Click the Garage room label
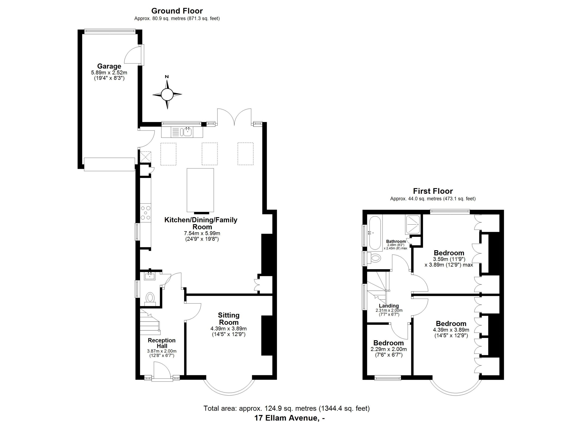coord(109,66)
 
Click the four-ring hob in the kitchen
coord(145,213)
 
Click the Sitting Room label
coord(229,319)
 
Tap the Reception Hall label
coord(162,343)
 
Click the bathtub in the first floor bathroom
coord(375,233)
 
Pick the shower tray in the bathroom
coord(412,225)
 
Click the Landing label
coord(389,306)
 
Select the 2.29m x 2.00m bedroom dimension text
coord(389,349)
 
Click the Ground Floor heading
coord(177,11)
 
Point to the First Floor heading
coord(433,191)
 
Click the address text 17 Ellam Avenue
coord(286,418)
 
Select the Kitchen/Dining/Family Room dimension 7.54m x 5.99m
coord(202,233)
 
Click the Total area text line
coord(287,408)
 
